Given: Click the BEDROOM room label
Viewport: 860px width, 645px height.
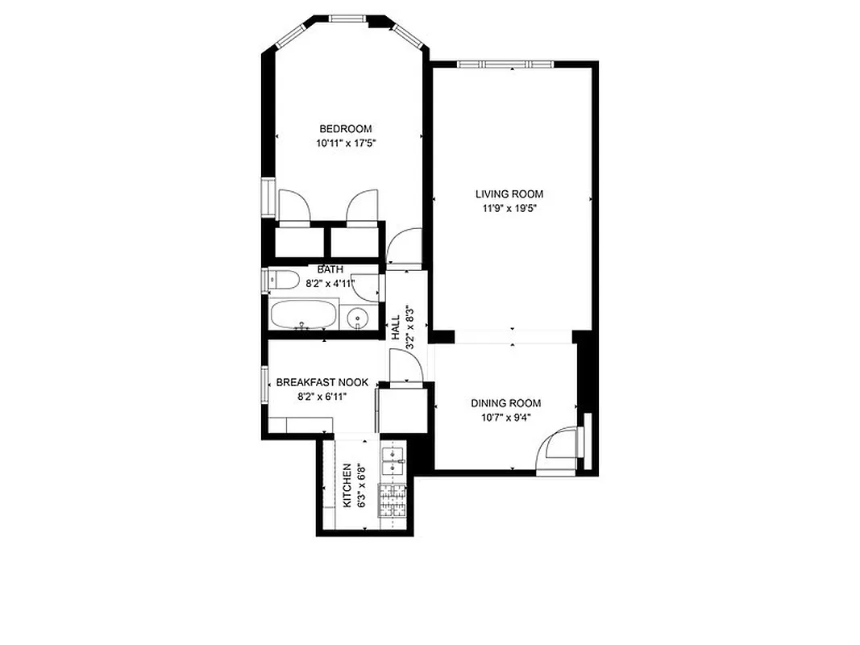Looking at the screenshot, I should (346, 129).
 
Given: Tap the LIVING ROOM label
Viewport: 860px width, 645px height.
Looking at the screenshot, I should (509, 194).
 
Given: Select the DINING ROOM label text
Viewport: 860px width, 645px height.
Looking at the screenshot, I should (506, 403).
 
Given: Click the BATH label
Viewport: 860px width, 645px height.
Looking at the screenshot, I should (330, 269).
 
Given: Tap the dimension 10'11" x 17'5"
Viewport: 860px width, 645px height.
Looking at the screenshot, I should (347, 144).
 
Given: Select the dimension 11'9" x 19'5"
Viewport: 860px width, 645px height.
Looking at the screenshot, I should (509, 208).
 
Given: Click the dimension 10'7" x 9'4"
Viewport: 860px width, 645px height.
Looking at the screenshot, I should (505, 417).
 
